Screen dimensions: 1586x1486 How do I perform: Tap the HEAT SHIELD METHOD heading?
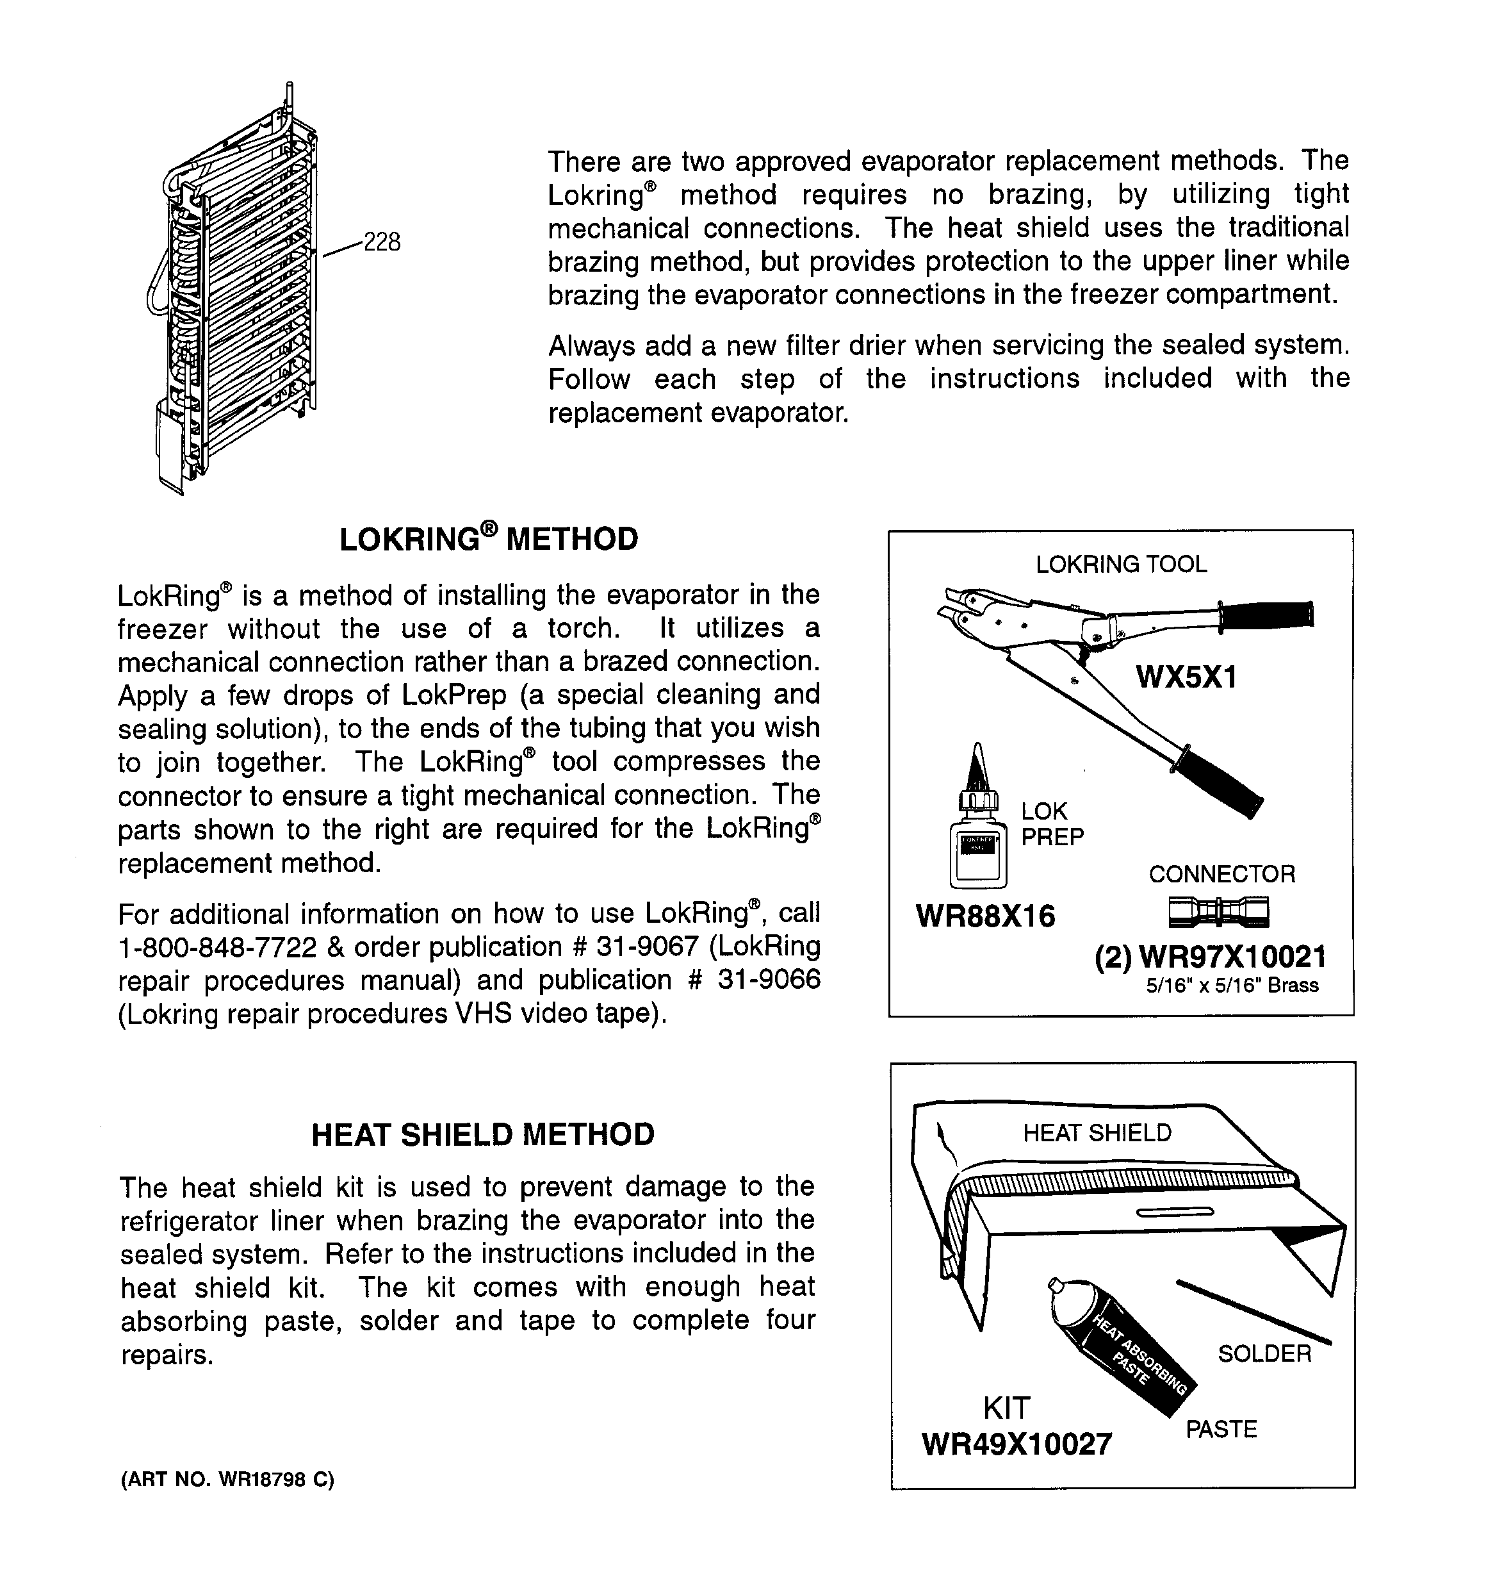click(482, 1134)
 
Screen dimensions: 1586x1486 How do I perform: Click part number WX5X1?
click(1186, 677)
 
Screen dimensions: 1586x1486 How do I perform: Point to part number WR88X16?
click(985, 916)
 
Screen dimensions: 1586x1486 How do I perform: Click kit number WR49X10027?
click(1017, 1444)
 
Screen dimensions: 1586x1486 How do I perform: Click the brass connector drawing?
click(1218, 911)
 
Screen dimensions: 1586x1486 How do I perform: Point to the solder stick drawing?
click(1252, 1310)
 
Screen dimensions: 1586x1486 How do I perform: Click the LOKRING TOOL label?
click(1121, 565)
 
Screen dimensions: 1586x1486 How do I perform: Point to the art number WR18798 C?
click(227, 1480)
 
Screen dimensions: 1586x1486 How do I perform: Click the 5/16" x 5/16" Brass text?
click(1232, 986)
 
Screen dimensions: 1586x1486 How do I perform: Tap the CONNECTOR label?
click(1221, 874)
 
